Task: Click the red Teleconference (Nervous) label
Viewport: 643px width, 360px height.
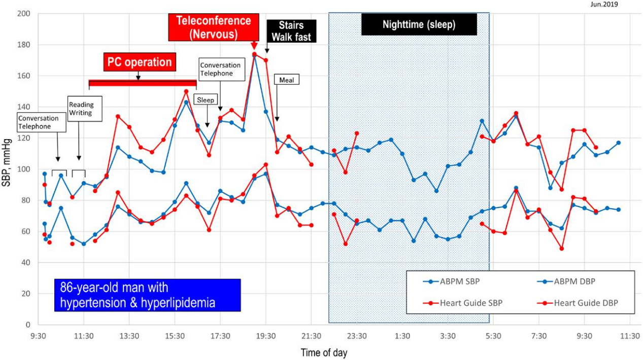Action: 213,27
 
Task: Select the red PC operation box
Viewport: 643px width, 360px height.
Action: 140,62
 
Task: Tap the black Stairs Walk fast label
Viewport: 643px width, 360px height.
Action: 291,31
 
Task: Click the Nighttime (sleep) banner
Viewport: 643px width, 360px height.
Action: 419,24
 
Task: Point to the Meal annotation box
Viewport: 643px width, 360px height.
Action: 287,80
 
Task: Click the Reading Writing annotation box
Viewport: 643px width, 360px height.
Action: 85,109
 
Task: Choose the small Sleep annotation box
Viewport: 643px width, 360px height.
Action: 206,100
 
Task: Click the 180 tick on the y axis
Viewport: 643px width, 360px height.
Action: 24,45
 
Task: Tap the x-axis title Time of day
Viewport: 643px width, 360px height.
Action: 324,352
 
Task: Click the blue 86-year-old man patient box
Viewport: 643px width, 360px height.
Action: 147,295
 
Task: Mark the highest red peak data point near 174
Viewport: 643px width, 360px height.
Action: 254,54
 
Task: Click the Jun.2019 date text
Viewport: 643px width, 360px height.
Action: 604,5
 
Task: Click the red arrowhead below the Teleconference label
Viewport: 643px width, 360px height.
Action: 254,47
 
